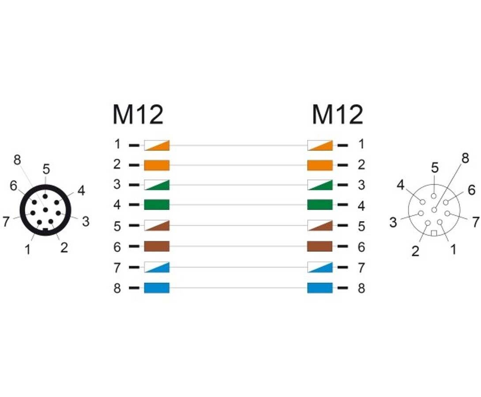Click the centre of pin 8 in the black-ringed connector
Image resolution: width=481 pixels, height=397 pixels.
(x=45, y=210)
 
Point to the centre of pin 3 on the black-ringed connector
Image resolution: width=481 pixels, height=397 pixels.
(x=58, y=213)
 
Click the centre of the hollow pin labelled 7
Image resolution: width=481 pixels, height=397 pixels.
(x=447, y=213)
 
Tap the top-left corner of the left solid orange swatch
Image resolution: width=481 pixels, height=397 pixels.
(x=144, y=160)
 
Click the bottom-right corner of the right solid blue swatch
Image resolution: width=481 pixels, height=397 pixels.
(x=333, y=293)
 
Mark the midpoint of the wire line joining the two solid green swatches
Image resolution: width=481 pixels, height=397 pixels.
(x=238, y=205)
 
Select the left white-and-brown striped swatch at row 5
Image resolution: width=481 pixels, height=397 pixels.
(x=157, y=225)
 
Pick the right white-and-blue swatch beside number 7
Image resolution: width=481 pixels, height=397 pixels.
(x=320, y=267)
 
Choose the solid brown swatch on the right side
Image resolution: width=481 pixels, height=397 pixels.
(x=320, y=246)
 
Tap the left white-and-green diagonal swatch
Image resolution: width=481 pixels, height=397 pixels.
(x=157, y=185)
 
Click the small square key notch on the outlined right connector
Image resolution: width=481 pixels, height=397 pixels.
(x=434, y=233)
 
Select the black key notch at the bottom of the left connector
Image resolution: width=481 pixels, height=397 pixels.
(x=45, y=230)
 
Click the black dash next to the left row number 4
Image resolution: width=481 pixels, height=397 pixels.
(x=134, y=205)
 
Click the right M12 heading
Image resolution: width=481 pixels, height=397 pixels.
(x=338, y=115)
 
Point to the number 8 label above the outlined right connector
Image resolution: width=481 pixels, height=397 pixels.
(x=466, y=158)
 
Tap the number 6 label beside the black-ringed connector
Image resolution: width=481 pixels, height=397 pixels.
(x=14, y=185)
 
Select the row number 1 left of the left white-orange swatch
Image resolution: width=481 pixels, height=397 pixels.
(x=117, y=144)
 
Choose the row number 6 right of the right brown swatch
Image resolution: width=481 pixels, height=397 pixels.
(x=361, y=247)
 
